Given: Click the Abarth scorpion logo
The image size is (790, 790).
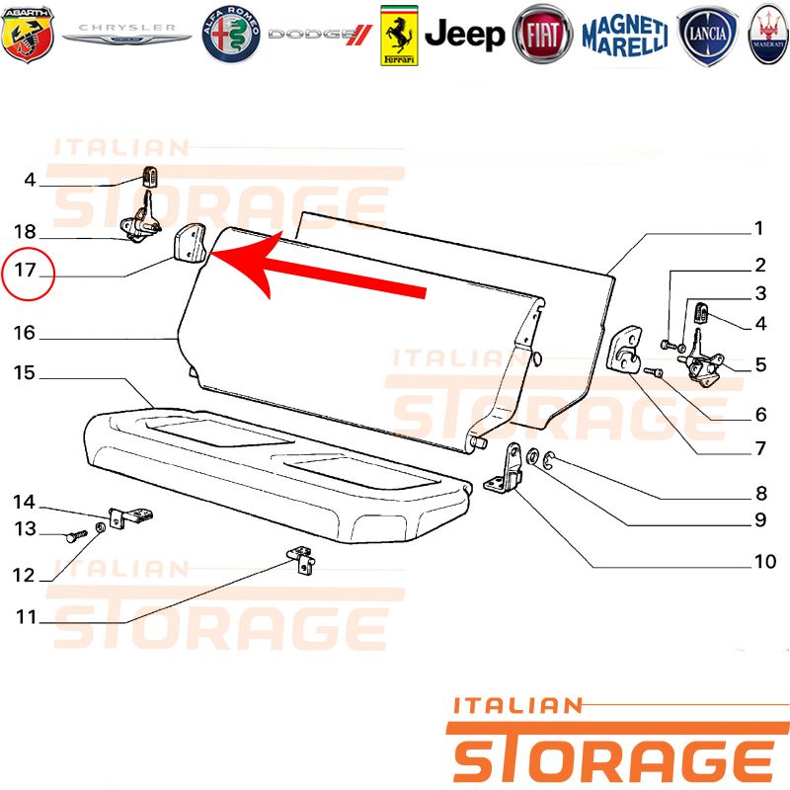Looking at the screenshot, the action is pos(28,35).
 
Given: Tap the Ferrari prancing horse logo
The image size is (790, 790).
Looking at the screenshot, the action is pos(399,36).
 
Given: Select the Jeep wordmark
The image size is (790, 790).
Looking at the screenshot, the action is pos(464,35).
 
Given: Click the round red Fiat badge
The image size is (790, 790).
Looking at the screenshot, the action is pos(542,35).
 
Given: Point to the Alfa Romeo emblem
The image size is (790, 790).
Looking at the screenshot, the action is pos(231,35).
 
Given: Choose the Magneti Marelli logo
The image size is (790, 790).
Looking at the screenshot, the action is pos(625,36).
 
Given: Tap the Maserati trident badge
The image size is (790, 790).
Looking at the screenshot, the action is pos(768,35).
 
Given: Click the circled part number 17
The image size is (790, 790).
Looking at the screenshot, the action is pos(26,270).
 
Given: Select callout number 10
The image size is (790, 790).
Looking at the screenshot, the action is pos(764,561).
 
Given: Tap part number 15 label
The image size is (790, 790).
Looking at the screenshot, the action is pos(24,373).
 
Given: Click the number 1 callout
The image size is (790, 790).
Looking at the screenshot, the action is pos(758,229).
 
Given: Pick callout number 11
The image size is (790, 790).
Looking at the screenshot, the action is pos(27,617).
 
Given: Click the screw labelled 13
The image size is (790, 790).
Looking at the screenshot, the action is pos(77,535).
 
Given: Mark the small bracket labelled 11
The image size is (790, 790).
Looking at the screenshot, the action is pos(302,559).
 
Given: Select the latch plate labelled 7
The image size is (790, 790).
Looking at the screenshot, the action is pos(625,349).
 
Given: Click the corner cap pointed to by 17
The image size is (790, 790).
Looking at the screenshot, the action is pos(190,243).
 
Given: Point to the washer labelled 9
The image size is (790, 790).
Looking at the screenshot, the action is pos(532,456).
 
